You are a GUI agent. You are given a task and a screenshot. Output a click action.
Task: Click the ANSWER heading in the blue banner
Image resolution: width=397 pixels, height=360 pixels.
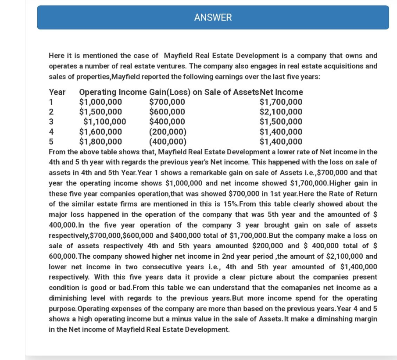(213, 18)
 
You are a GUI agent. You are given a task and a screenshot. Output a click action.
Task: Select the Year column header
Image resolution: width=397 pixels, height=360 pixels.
(57, 92)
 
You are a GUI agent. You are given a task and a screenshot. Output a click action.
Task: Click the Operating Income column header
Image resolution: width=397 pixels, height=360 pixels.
(113, 92)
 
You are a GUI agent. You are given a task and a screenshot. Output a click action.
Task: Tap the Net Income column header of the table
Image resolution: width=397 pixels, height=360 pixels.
(281, 92)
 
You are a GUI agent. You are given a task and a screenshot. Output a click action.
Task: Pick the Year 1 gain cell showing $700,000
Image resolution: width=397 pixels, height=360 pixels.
(167, 102)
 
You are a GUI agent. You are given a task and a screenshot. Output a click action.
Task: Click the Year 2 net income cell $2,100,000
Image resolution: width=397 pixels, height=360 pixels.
(281, 112)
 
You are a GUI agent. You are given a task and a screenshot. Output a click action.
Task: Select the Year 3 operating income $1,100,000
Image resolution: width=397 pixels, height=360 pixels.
(104, 122)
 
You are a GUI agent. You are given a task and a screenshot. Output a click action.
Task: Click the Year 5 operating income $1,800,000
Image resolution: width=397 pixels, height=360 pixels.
(100, 142)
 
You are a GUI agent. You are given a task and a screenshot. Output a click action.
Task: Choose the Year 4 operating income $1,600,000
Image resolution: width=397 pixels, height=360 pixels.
(100, 132)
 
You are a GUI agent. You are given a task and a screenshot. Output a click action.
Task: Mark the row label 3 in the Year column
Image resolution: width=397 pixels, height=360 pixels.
(51, 122)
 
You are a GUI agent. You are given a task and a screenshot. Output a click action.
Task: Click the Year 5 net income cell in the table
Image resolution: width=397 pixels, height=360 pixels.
(281, 142)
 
